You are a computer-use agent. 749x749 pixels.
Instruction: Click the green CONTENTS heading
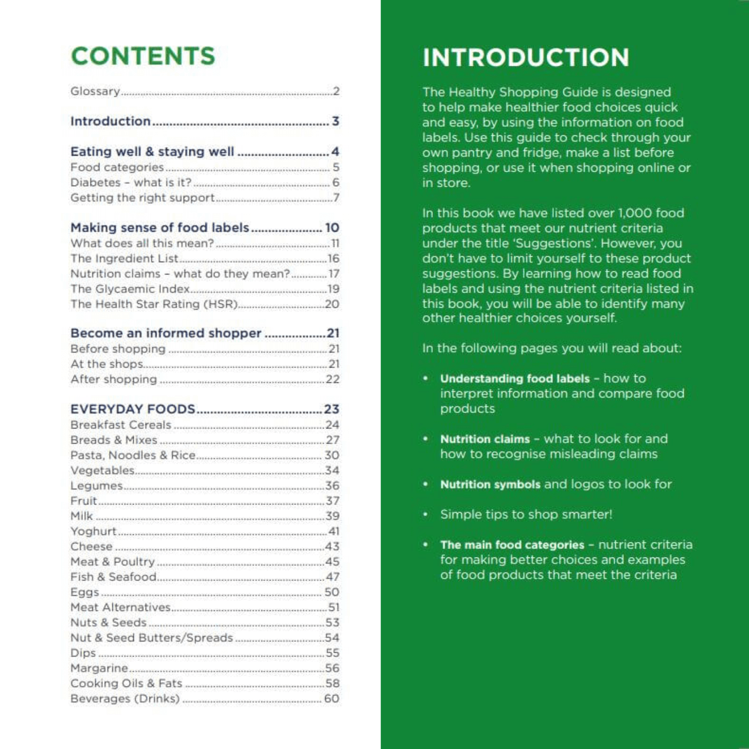click(x=143, y=56)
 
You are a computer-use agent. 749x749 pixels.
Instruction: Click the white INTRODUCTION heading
click(x=525, y=58)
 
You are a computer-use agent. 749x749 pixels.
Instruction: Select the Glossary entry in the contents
click(x=95, y=91)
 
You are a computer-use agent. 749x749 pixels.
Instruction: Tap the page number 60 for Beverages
click(x=332, y=699)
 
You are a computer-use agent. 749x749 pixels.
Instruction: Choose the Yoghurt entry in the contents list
click(x=94, y=531)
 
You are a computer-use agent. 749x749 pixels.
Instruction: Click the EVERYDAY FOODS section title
click(x=133, y=409)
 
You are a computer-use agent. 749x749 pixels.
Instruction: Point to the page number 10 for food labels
click(x=332, y=228)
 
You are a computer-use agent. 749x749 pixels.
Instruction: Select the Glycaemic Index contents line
click(x=130, y=289)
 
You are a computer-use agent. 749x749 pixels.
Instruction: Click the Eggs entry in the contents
click(x=85, y=592)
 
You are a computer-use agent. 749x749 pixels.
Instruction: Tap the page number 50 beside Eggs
click(x=332, y=592)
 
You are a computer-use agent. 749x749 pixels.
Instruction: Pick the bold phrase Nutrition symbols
click(x=490, y=485)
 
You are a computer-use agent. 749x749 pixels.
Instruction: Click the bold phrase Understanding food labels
click(x=515, y=379)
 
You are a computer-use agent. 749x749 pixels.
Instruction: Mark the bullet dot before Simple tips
click(x=426, y=515)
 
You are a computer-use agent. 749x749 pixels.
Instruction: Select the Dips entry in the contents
click(x=83, y=653)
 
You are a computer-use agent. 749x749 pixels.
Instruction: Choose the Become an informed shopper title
click(x=166, y=333)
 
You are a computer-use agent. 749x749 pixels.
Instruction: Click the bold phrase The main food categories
click(x=512, y=545)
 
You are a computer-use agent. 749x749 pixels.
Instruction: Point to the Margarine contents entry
click(x=99, y=668)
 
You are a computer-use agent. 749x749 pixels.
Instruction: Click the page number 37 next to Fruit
click(x=333, y=501)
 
